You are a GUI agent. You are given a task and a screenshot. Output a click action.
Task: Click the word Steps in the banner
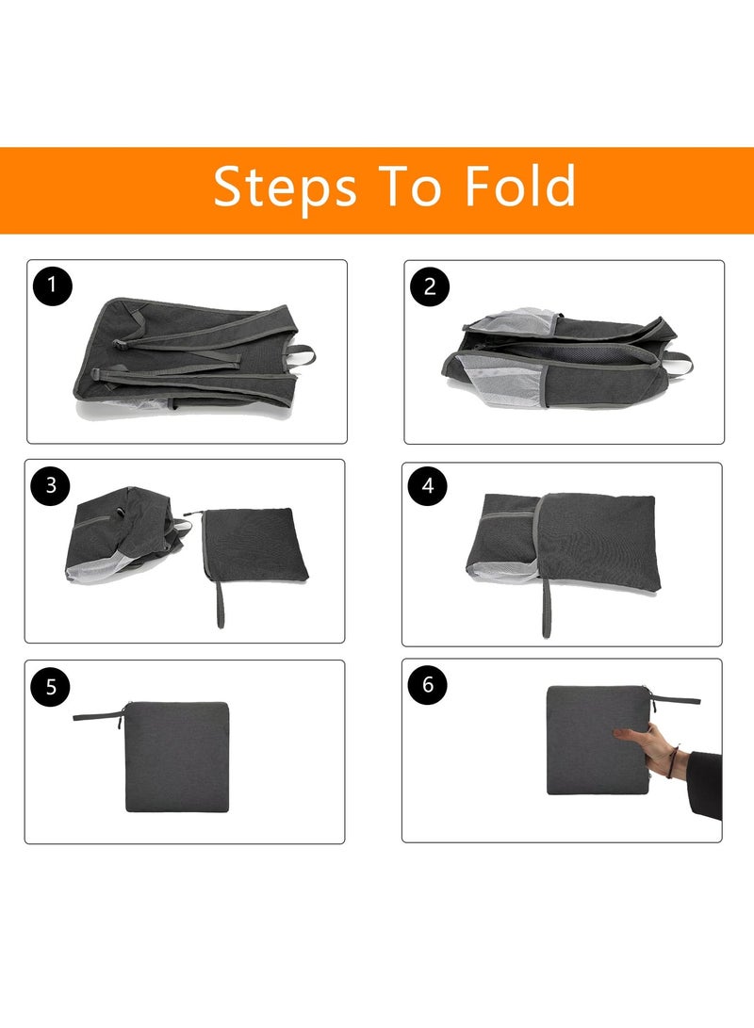pos(285,187)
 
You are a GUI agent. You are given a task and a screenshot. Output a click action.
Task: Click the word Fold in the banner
pos(519,187)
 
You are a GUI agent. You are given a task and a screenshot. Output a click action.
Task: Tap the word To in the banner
pos(410,187)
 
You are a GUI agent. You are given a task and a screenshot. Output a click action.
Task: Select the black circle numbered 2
pos(430,286)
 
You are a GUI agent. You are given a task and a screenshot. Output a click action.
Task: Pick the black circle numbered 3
pos(51,485)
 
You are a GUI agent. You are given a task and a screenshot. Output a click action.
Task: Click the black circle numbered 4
pos(428,485)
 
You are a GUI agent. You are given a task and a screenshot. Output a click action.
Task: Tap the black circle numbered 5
pos(51,686)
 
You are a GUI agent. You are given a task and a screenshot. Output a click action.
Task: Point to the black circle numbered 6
pos(428,685)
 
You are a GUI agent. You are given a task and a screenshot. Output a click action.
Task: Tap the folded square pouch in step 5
pos(177,756)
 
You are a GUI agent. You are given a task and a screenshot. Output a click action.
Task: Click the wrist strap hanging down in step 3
pos(220,609)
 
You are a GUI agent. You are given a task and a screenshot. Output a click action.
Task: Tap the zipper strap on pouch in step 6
pos(676,698)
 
